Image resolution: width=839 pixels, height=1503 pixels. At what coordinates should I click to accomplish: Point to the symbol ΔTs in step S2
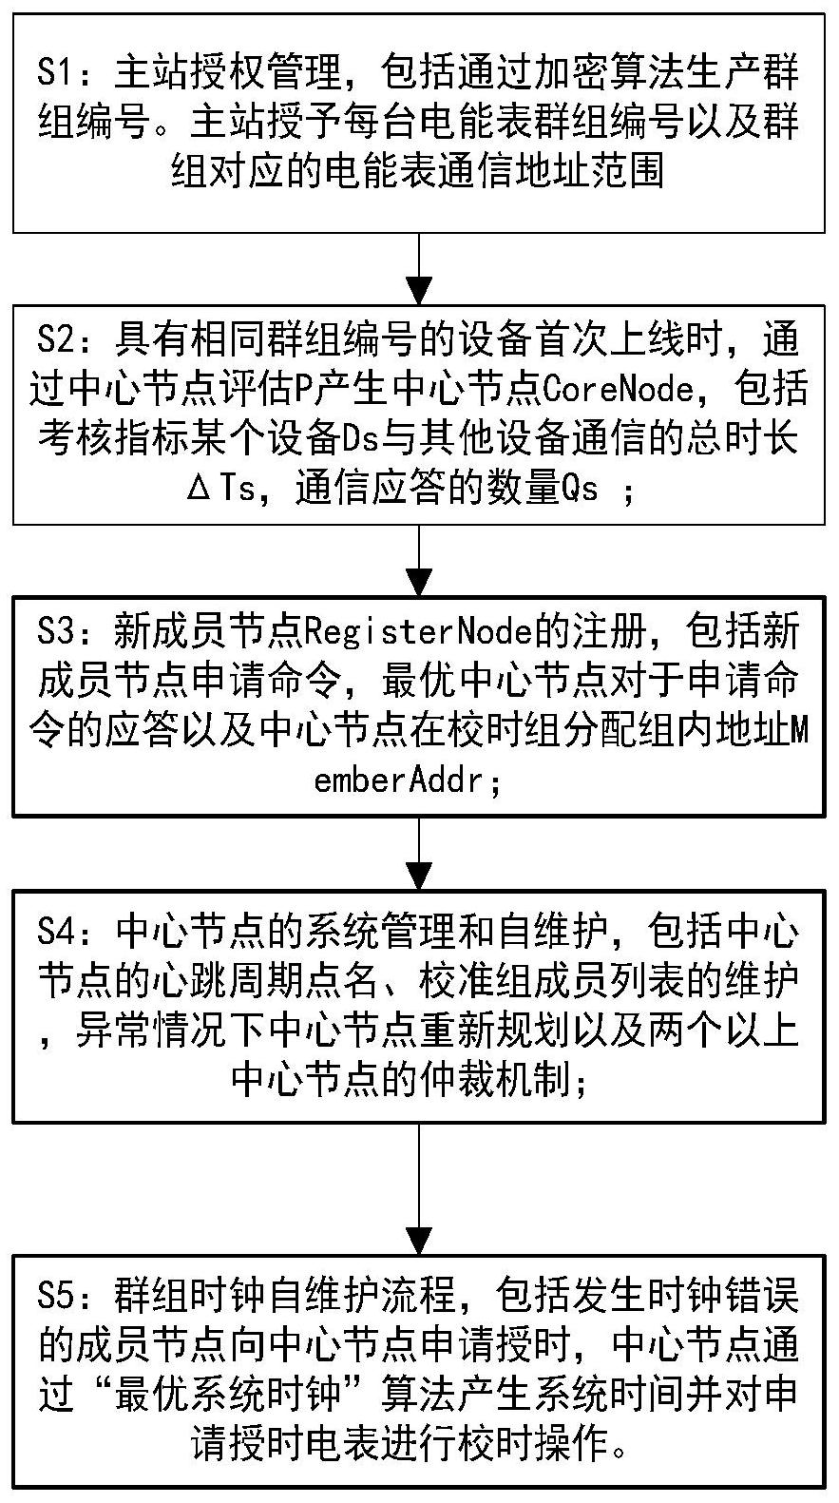click(222, 491)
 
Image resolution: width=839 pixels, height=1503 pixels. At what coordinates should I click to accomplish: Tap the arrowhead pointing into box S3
click(419, 581)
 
